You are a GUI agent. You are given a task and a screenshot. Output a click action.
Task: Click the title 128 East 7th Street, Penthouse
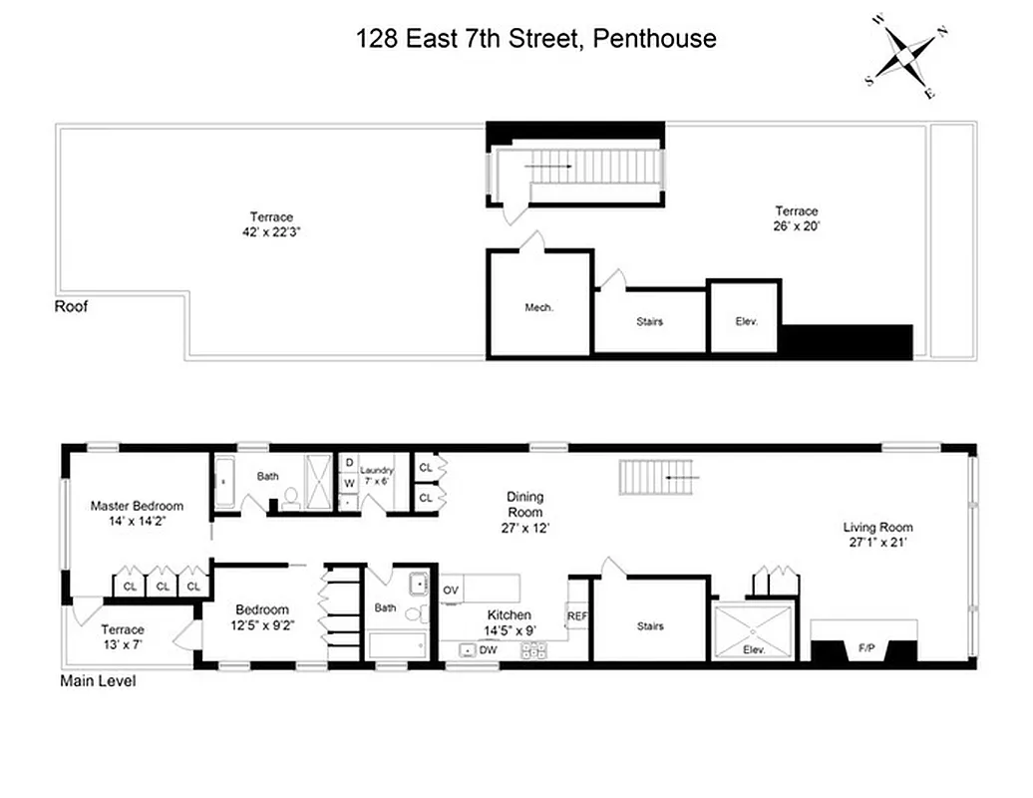coord(536,39)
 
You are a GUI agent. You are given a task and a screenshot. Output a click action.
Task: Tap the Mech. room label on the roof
coord(538,307)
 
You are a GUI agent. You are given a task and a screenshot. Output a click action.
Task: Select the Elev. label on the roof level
coord(746,321)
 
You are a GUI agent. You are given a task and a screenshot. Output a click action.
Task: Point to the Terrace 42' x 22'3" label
coord(272,223)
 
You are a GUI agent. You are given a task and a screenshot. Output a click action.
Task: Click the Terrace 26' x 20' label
coord(797,218)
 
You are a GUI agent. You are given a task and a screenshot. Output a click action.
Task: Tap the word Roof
coord(71,306)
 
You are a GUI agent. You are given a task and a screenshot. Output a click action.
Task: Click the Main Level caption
coord(98,682)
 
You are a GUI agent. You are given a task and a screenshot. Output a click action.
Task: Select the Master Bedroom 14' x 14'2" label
coord(138,513)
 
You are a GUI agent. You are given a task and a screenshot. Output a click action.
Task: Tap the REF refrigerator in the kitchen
coord(577,616)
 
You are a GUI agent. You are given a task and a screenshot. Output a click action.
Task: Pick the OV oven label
coord(451,591)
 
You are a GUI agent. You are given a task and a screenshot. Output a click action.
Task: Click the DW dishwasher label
coord(488,650)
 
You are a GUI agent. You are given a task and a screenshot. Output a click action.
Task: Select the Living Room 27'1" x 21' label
coord(877,535)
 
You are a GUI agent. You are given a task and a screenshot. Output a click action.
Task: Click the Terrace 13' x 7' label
coord(122,636)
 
